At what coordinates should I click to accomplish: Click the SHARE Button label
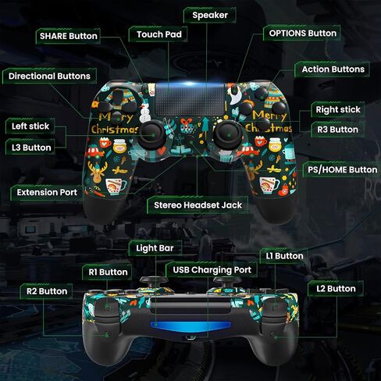(69, 36)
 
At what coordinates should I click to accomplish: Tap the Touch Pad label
(159, 34)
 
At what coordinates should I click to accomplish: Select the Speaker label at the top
(210, 15)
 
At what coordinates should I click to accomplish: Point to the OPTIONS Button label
(302, 33)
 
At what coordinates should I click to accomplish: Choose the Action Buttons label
(333, 69)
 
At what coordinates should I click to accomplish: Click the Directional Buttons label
(49, 76)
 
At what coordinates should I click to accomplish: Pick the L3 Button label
(31, 148)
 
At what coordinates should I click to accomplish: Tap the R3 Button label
(337, 130)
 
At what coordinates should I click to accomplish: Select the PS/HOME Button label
(342, 169)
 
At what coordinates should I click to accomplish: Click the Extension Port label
(47, 192)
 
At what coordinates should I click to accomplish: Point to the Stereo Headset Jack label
(198, 205)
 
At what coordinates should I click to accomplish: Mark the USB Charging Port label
(212, 270)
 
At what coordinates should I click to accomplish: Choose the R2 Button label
(47, 291)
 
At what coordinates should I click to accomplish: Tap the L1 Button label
(284, 256)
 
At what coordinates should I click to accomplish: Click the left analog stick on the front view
(152, 135)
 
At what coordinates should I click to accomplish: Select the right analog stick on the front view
(228, 135)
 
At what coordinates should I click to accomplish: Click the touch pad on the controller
(190, 100)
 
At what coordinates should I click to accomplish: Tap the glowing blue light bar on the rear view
(190, 325)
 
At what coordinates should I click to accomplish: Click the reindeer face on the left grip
(97, 172)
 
